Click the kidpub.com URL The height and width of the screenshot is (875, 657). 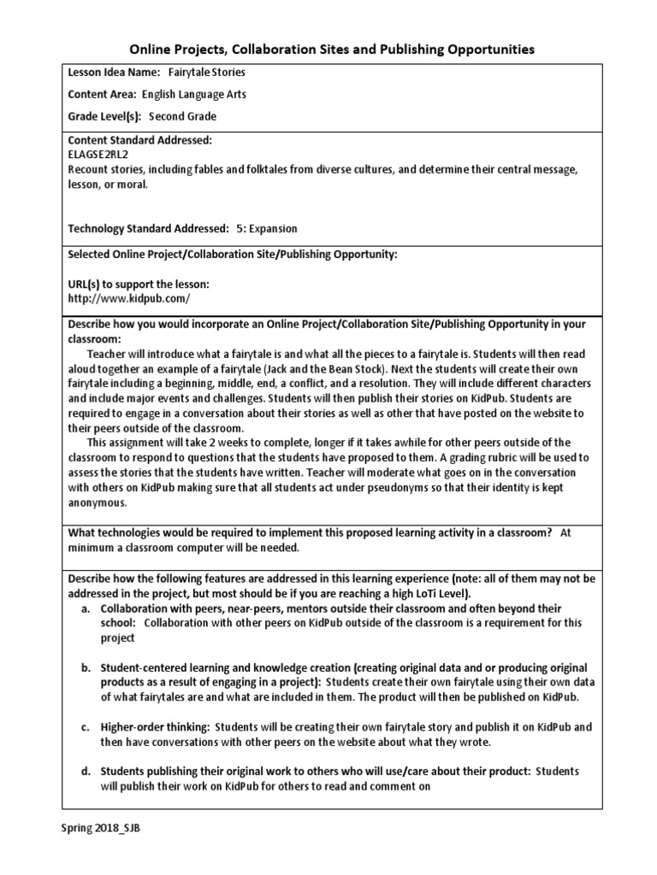(128, 298)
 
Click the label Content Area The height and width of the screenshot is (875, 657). (101, 95)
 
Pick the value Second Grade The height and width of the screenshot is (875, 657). (182, 116)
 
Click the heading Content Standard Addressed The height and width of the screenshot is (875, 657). (139, 140)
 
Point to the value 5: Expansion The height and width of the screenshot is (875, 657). (267, 228)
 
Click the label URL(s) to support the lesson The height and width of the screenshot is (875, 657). (138, 284)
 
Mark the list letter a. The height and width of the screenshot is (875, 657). (86, 608)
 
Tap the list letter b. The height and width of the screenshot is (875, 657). (86, 667)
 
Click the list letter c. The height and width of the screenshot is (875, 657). (86, 726)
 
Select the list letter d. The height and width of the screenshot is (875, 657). (86, 771)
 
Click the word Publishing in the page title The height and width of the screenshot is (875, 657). (410, 50)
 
